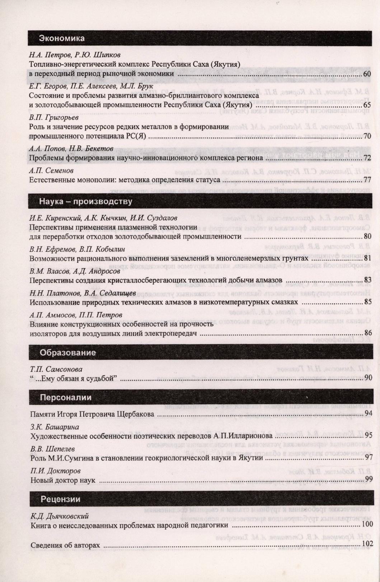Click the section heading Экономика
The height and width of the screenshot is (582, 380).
(62, 38)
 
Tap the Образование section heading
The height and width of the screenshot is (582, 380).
(68, 352)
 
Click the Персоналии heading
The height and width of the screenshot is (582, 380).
(66, 397)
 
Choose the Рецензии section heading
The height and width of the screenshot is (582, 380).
(60, 499)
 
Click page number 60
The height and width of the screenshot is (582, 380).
(367, 74)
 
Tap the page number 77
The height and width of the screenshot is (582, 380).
(367, 180)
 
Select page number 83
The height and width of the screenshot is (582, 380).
(367, 280)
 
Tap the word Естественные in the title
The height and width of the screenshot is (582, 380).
(52, 180)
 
